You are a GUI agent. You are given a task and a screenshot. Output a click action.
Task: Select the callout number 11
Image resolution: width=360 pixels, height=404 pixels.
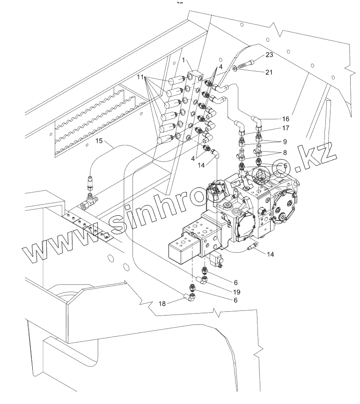141,76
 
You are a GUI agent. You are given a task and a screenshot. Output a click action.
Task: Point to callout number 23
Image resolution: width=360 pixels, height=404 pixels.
269,55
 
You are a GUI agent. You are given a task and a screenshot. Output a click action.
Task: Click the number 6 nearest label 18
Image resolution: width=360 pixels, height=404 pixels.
235,300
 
